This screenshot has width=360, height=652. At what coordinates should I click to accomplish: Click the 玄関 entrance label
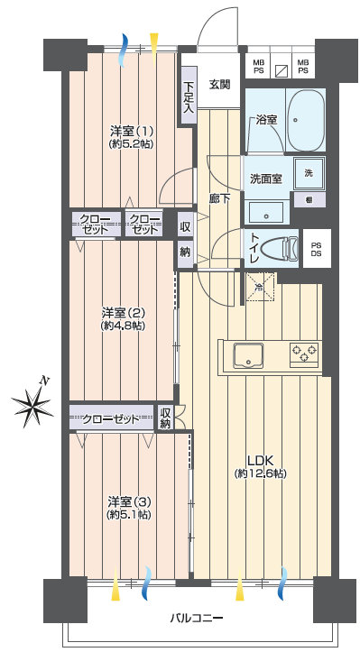pos(219,85)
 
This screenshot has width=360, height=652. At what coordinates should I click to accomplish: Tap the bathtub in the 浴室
pos(306,120)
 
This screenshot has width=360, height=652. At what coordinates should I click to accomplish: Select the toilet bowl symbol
pos(280,249)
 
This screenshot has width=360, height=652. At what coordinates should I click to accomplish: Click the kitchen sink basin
pos(248,355)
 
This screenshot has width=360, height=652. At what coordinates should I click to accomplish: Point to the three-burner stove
pos(304,354)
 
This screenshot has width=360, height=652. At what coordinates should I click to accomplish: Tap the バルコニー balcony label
pos(197,618)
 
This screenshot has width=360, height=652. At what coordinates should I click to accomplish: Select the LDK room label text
pos(260,460)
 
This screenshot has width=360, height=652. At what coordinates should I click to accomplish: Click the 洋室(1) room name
pos(132,132)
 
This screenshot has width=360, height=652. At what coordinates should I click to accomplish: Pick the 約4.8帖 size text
pos(122,326)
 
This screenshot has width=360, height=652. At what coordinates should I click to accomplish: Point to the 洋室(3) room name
pos(129,501)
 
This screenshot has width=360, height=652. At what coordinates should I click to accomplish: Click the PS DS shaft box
pos(317,249)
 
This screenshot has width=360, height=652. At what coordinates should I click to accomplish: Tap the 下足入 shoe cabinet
pos(189,97)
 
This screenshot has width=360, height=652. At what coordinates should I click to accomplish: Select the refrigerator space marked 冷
pos(260,286)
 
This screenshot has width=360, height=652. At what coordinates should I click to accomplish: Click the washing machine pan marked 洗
pos(309,173)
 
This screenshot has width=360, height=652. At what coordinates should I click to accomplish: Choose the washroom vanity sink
pos(266,213)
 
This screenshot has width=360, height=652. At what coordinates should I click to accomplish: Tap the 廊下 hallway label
pos(219,198)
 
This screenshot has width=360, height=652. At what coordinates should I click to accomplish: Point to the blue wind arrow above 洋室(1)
pos(124,50)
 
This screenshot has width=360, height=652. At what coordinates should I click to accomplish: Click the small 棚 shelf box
pos(309,199)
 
